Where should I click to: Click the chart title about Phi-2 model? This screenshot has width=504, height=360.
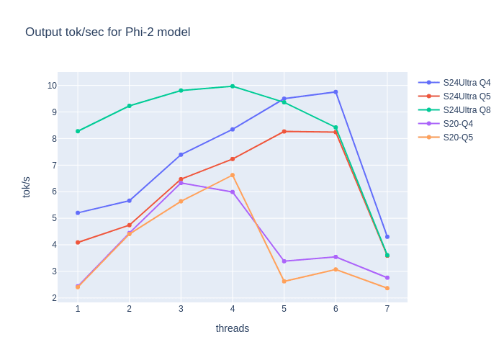[x=108, y=32]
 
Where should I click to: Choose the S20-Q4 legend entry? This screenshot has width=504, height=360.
[x=458, y=124]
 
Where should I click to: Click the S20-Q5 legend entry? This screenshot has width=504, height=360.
[x=458, y=138]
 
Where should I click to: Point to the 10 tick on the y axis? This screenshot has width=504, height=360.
[x=52, y=86]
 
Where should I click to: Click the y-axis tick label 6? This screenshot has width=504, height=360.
[x=54, y=192]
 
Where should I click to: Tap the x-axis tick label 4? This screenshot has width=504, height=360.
[x=233, y=309]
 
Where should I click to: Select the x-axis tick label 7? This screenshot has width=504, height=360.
[x=387, y=309]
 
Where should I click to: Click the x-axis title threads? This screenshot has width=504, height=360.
[x=233, y=328]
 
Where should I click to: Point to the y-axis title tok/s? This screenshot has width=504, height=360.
[x=27, y=186]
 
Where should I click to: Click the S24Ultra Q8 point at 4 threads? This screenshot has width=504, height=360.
[x=233, y=86]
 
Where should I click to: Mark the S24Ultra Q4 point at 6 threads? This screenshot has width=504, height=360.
[x=336, y=92]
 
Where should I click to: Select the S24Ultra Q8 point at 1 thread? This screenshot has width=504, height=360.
[x=78, y=131]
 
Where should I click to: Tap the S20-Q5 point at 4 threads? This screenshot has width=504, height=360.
[x=233, y=175]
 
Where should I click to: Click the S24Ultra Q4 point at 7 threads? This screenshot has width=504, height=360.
[x=387, y=237]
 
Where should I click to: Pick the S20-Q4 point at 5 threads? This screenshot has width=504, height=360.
[x=284, y=261]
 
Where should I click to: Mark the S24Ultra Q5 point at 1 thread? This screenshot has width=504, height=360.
[x=78, y=243]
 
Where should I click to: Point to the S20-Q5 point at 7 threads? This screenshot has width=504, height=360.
[x=387, y=288]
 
